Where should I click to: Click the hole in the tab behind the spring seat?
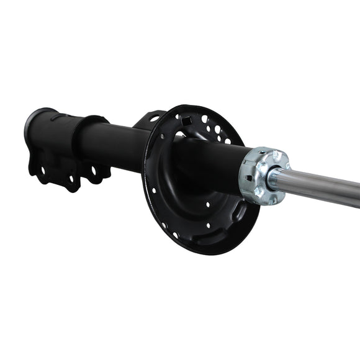click(x=153, y=119)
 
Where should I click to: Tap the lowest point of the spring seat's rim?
click(x=205, y=254)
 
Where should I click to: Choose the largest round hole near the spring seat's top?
click(x=205, y=119)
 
